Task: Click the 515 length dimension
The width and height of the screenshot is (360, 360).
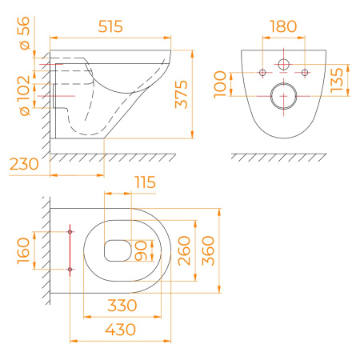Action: click(110, 26)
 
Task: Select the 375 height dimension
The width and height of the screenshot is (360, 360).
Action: click(181, 94)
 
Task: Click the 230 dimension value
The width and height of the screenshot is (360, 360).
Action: click(24, 164)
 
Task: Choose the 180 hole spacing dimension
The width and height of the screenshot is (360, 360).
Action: click(283, 26)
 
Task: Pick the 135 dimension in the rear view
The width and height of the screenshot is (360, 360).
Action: click(337, 80)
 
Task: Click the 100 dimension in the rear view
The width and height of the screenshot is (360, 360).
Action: click(220, 85)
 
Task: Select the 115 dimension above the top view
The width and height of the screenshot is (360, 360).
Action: click(145, 182)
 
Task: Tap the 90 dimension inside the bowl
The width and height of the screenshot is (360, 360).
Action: click(141, 250)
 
